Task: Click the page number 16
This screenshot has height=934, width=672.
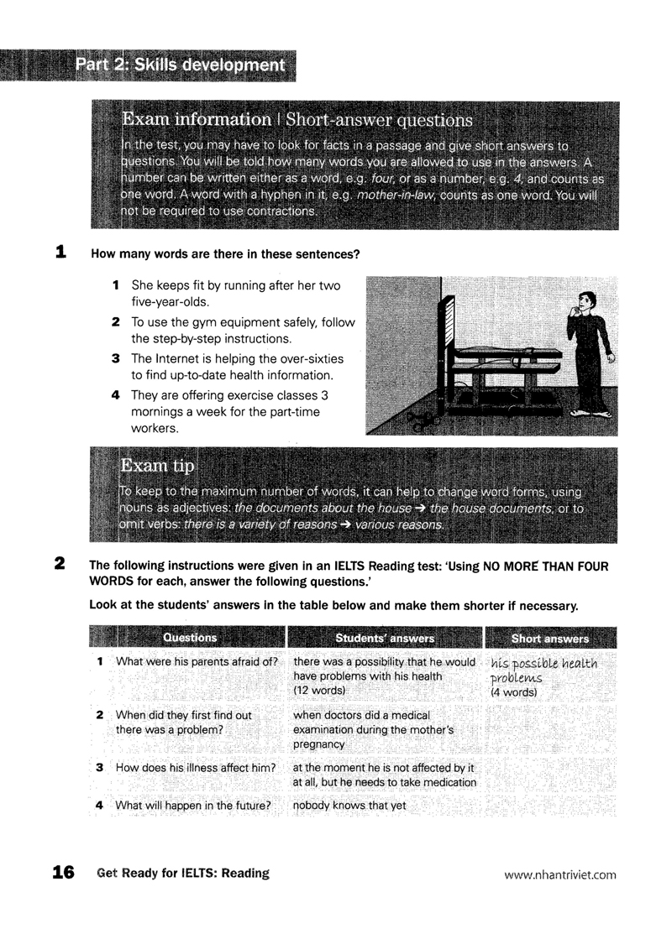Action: point(63,873)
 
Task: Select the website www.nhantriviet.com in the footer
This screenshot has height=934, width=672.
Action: point(560,874)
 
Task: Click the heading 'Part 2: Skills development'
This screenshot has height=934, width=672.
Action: point(179,65)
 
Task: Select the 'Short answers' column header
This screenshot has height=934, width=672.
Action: point(550,638)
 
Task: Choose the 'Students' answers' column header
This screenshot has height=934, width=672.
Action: point(385,638)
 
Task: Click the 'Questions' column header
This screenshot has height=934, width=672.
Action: point(190,638)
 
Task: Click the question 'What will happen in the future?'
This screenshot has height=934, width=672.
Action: point(193,806)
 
